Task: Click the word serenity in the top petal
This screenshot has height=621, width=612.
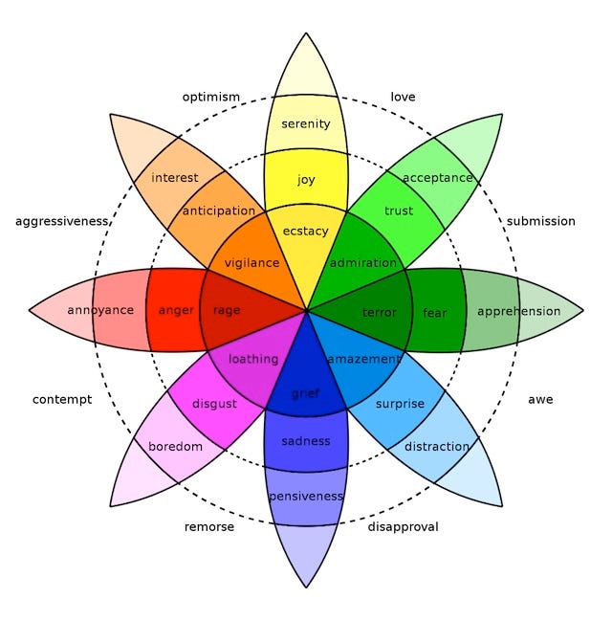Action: [x=306, y=123]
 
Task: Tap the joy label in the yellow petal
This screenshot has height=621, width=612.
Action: [x=306, y=179]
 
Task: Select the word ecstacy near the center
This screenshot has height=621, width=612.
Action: [x=306, y=232]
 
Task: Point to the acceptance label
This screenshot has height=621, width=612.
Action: [x=438, y=178]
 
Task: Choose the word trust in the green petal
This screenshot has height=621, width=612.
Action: [x=399, y=211]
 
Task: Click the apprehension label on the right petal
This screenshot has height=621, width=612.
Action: [x=518, y=311]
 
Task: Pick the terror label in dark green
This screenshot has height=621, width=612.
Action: [x=380, y=312]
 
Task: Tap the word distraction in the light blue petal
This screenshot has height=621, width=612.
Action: [x=437, y=447]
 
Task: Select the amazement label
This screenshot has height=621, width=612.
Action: [x=364, y=359]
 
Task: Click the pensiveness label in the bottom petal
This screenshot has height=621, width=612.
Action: [x=306, y=496]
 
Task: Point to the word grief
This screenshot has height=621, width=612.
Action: [x=306, y=392]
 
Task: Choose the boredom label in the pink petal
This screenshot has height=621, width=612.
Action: [x=176, y=447]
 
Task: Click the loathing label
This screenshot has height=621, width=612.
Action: [x=253, y=359]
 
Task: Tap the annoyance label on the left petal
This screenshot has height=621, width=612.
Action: [x=100, y=310]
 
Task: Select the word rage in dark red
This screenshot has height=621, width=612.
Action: [x=227, y=310]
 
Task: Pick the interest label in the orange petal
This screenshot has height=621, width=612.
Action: [x=175, y=178]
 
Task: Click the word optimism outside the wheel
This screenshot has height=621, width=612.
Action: [x=211, y=97]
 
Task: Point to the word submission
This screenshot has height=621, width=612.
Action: [x=541, y=221]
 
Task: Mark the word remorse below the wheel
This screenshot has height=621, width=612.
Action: [x=208, y=526]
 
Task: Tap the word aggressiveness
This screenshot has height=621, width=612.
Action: [x=62, y=221]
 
